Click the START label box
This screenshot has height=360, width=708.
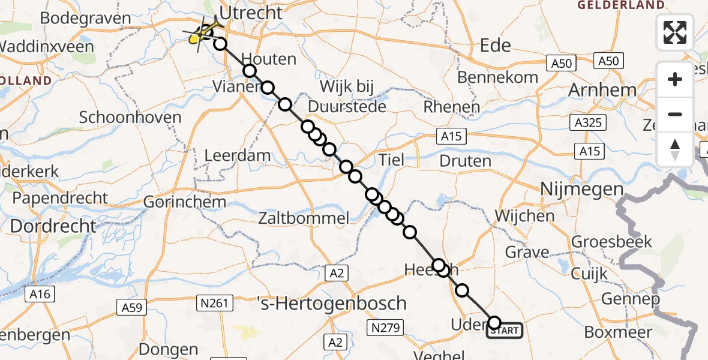(x=505, y=330)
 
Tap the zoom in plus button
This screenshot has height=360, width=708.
(x=675, y=79)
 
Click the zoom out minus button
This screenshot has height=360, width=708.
(x=675, y=114)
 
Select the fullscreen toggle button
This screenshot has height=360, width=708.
(x=675, y=32)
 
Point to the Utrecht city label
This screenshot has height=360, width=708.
(x=251, y=13)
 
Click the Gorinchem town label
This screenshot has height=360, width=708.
(x=185, y=202)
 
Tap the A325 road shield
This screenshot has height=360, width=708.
(x=588, y=124)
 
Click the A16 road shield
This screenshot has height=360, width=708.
(x=40, y=294)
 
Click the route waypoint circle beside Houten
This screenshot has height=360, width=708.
(x=249, y=71)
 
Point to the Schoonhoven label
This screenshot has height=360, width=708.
(x=130, y=117)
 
